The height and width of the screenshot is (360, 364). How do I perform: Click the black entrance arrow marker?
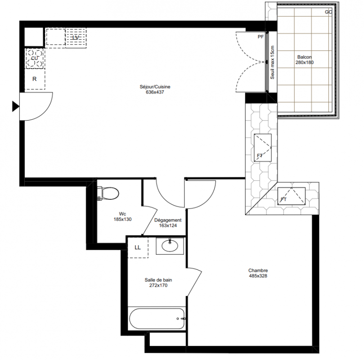click(x=16, y=107)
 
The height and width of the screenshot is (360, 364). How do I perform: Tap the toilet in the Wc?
click(x=108, y=193)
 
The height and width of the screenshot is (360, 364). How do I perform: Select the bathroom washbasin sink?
click(x=170, y=246)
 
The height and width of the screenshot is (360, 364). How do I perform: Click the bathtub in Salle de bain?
click(x=157, y=319)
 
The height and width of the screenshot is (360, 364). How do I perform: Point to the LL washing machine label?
click(x=138, y=247)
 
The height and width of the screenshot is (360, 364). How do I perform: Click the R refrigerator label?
click(x=34, y=79)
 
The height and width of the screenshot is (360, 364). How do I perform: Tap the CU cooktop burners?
click(x=35, y=58)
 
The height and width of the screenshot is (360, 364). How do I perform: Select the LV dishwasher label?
click(x=76, y=38)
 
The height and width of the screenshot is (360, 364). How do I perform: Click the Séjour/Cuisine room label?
click(x=155, y=86)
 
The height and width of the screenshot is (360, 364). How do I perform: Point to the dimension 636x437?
click(x=155, y=92)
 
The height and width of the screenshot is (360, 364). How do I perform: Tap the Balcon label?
click(x=305, y=57)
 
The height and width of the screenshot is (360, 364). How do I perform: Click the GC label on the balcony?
click(x=328, y=12)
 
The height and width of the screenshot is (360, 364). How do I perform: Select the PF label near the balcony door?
click(x=261, y=36)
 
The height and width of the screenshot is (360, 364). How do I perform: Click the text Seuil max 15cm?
click(x=272, y=62)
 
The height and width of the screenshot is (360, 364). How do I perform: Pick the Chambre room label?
click(x=258, y=270)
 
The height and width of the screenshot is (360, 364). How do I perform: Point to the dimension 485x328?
click(x=258, y=276)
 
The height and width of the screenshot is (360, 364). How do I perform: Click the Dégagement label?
click(x=168, y=220)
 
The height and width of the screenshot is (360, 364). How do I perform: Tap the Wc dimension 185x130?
click(x=122, y=219)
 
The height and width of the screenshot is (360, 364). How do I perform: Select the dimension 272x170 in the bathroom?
click(x=158, y=285)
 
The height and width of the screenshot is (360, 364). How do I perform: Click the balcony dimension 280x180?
click(x=305, y=63)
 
